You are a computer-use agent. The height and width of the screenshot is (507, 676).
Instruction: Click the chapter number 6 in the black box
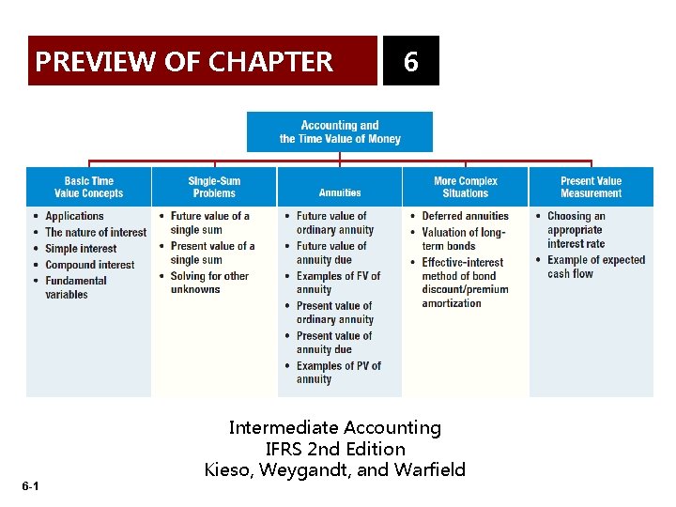coord(410,62)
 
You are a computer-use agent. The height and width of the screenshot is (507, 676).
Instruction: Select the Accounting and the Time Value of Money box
coord(340,132)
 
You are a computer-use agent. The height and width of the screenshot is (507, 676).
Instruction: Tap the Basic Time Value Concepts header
coord(88,187)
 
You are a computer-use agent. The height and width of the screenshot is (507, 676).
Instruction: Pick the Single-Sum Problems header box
coord(214,187)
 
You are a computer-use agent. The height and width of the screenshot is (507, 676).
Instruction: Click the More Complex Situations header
coord(466,187)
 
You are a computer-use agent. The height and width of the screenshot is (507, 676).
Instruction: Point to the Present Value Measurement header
coord(591,187)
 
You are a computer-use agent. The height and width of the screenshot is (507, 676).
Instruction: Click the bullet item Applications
coord(74,216)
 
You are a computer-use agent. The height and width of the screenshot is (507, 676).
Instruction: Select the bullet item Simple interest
coord(81,249)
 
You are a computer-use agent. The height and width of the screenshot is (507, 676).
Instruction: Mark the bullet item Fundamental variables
coord(76,287)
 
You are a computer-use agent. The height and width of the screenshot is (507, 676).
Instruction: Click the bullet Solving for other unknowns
coord(209,283)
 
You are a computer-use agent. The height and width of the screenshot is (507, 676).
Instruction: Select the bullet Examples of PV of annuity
coord(339,373)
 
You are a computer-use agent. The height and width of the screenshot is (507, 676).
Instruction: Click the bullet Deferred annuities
coord(465,216)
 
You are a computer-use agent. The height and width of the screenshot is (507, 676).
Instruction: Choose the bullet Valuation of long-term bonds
coord(464,238)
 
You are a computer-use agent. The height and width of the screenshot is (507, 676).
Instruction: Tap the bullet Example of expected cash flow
coord(596,267)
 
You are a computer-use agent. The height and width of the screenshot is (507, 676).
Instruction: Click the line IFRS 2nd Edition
coord(335,449)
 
